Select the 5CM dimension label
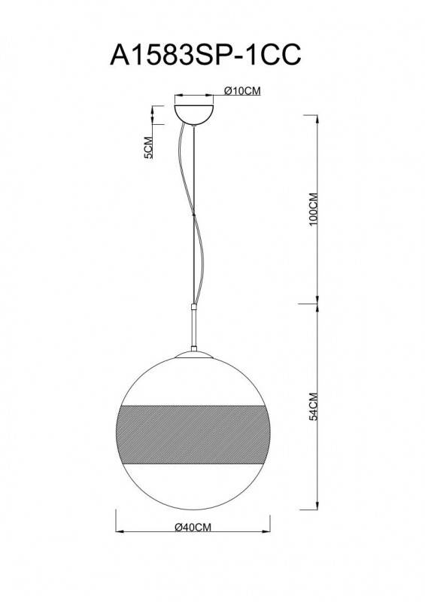point(148,149)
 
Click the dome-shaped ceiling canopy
point(194,111)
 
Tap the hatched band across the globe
point(195,428)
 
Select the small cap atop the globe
point(194,353)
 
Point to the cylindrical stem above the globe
point(194,327)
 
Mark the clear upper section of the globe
point(195,380)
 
